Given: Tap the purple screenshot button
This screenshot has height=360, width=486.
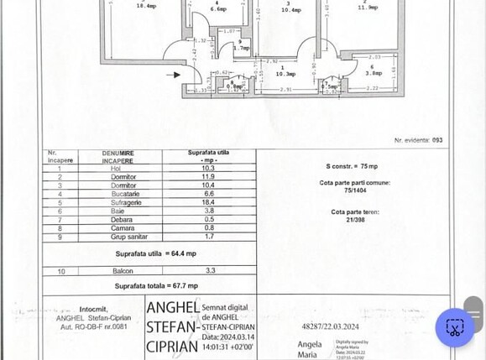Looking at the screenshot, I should point(455,327).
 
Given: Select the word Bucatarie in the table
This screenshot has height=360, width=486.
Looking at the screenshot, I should point(123,194).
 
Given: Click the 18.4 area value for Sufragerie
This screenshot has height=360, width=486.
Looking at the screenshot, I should point(207,202).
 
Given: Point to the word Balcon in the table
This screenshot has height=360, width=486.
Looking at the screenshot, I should point(123,271).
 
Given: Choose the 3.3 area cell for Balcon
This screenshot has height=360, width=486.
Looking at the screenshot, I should point(210,270).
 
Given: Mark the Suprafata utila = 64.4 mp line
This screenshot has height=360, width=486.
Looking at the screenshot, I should point(155,253).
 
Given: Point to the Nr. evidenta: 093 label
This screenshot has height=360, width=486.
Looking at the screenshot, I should point(418,140).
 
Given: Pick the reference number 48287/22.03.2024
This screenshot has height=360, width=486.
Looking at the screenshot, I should point(330,326).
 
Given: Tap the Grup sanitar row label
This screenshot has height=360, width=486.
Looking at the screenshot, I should point(123,237).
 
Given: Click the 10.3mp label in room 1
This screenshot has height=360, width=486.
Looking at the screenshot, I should point(283,74).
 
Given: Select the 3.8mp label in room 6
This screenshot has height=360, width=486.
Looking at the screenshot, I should point(372,73).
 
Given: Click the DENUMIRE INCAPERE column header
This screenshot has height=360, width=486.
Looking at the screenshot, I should point(118,156).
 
